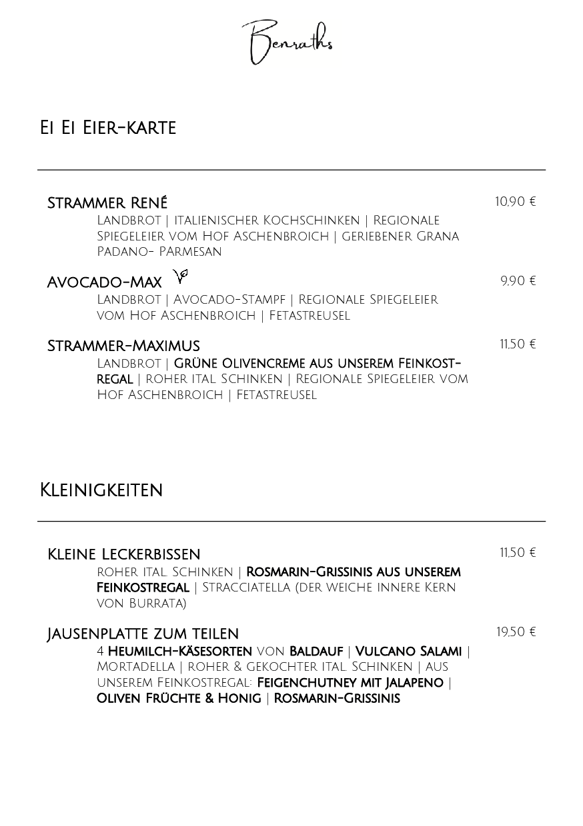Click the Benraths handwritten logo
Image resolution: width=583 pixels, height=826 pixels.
[x=287, y=43]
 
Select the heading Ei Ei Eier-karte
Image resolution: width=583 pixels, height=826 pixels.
[x=108, y=128]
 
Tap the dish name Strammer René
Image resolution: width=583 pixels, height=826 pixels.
[x=107, y=203]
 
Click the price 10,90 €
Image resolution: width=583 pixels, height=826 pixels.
[x=515, y=202]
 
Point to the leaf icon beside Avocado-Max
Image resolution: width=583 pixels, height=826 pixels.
[x=181, y=275]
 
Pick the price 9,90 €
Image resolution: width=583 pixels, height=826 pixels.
[x=518, y=281]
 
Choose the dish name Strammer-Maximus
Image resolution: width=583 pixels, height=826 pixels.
[x=123, y=346]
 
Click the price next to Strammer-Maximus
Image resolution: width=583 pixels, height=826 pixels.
[x=518, y=344]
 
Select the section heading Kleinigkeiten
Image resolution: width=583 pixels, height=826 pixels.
[x=101, y=490]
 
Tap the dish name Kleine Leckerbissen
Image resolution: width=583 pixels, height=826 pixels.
[x=124, y=554]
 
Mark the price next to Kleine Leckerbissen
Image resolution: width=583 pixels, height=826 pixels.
[x=518, y=553]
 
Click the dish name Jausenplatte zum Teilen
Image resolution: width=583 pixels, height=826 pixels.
[x=143, y=633]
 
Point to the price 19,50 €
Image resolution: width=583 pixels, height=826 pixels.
[x=516, y=632]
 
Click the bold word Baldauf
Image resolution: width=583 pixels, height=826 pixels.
[x=316, y=651]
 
